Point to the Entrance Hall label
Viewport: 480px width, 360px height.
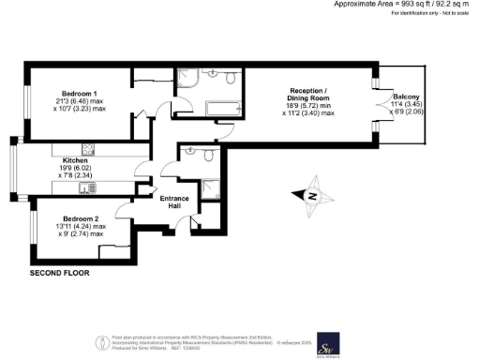pos(175,202)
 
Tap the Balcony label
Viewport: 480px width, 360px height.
pos(406,97)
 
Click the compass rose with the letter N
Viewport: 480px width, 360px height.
pos(310,196)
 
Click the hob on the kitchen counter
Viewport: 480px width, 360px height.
pos(89,148)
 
